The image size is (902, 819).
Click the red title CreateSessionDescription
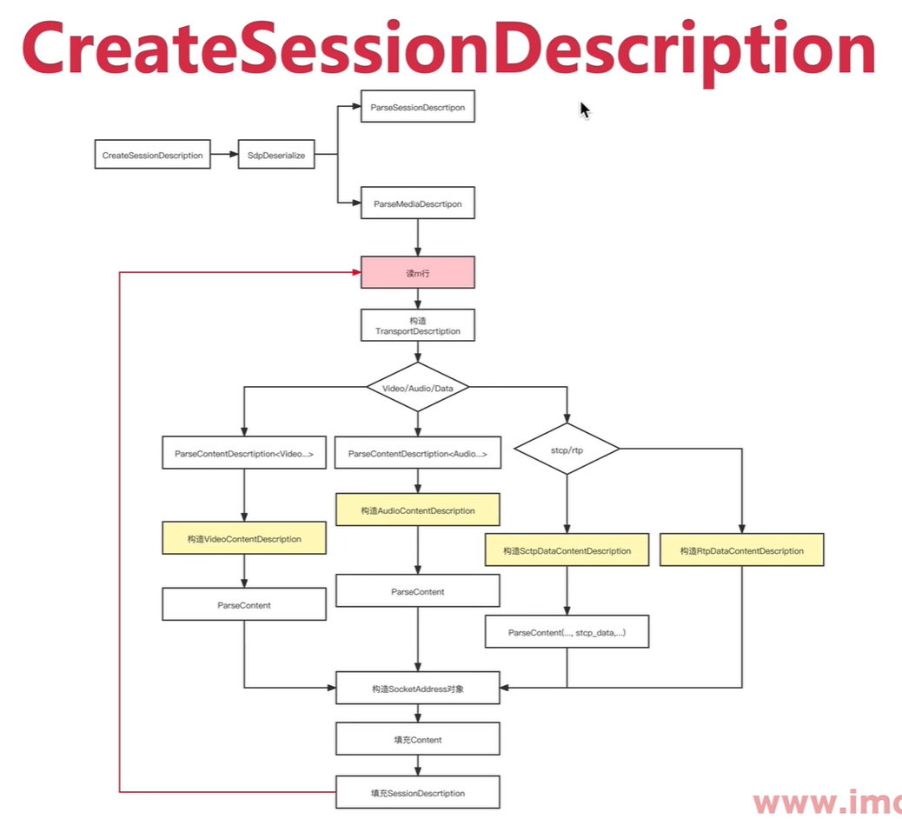(x=448, y=50)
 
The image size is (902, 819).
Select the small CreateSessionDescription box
(x=152, y=156)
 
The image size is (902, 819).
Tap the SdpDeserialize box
(x=276, y=156)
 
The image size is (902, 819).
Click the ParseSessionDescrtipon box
(x=418, y=107)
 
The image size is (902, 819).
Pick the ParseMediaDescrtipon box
(x=418, y=203)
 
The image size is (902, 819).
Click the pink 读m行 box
(x=418, y=272)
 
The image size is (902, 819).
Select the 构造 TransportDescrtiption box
(x=418, y=326)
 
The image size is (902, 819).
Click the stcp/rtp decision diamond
(x=567, y=449)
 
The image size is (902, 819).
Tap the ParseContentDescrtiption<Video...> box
(x=244, y=454)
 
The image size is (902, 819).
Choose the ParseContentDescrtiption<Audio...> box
(x=418, y=454)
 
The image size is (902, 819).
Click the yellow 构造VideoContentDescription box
(x=244, y=539)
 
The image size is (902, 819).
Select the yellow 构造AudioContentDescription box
(x=418, y=510)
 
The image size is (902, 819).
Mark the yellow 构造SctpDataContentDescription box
(x=567, y=551)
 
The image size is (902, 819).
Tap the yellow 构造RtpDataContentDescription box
(x=741, y=551)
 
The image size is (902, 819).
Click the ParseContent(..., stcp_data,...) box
(x=567, y=633)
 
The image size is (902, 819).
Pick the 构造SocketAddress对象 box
(x=418, y=688)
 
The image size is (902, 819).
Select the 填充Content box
(x=418, y=740)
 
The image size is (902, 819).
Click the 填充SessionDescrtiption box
(x=418, y=793)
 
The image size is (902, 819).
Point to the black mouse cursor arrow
(x=585, y=110)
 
